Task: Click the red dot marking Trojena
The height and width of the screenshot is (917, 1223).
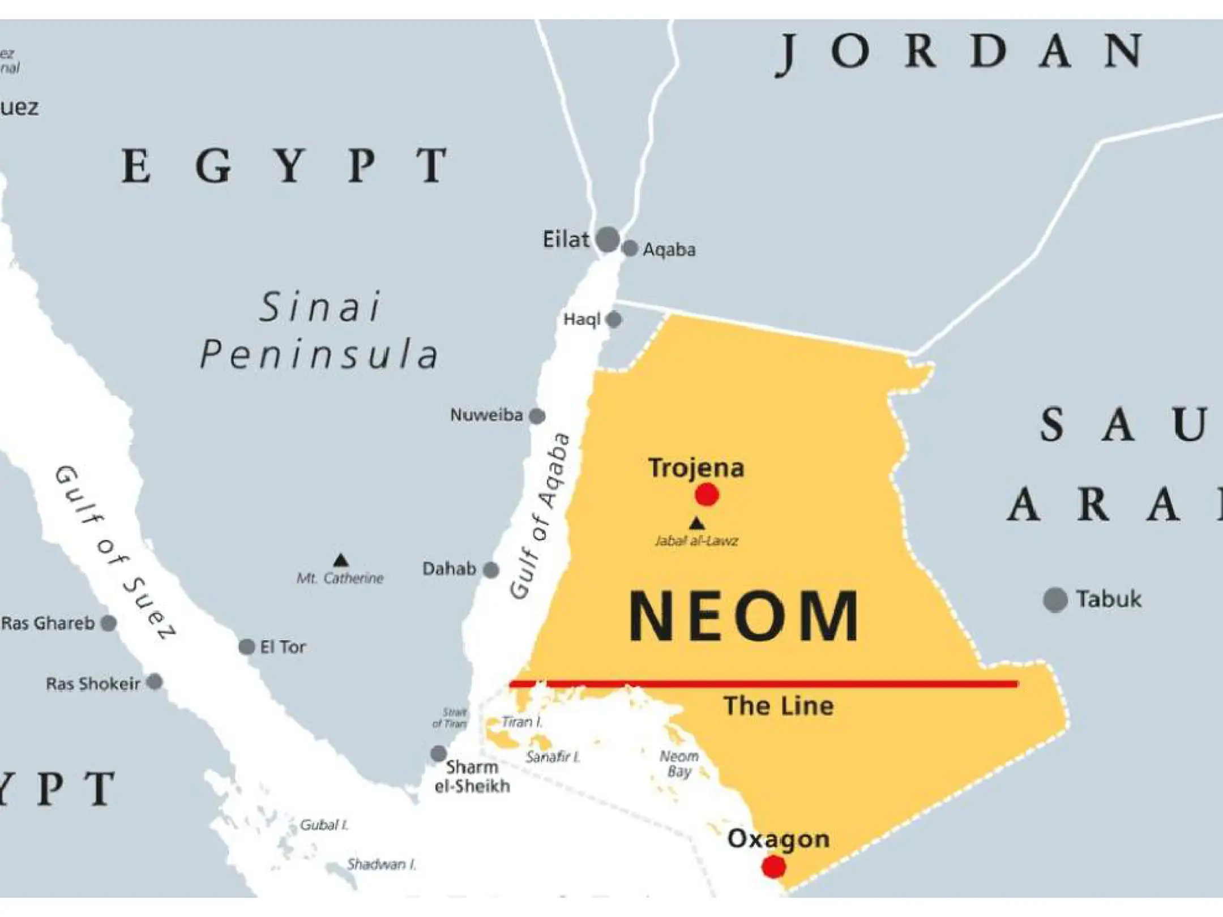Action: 707,495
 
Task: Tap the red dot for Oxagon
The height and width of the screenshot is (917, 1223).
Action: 773,866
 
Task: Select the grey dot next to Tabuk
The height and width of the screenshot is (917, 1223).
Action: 1055,600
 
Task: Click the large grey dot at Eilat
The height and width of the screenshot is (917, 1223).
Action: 608,239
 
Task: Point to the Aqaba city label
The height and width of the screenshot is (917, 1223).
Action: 669,250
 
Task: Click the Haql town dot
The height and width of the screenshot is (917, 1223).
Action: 614,320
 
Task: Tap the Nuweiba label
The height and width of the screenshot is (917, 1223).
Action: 486,415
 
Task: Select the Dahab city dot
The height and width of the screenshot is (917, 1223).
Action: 491,569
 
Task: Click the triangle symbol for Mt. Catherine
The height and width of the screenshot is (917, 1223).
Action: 340,560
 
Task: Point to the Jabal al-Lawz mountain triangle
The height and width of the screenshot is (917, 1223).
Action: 696,523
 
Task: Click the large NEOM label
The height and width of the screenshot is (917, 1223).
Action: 743,616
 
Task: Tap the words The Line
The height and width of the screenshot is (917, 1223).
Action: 779,706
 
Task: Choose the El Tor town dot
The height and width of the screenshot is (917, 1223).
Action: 247,646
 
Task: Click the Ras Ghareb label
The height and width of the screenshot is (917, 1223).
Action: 48,623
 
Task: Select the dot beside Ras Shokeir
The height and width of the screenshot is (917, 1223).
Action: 155,682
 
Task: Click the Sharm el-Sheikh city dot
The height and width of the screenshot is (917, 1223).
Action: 438,753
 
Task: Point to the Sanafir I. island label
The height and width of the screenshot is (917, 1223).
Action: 553,757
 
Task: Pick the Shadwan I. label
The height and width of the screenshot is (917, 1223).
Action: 381,864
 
